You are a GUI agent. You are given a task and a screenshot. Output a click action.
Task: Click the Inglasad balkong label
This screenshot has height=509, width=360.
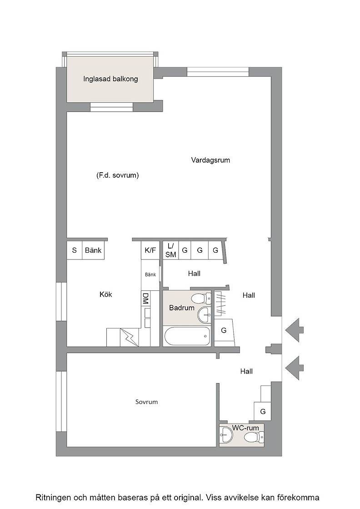110,79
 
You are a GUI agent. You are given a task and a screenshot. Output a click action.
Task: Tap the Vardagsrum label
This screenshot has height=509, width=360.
210,160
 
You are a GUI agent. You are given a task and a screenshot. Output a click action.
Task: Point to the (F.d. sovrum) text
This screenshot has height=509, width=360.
118,175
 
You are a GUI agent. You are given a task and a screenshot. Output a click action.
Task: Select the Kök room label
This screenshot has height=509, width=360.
106,294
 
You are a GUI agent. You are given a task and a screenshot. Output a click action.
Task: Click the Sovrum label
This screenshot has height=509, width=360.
146,402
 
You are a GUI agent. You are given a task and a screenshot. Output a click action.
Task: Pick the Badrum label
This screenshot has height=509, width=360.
182,308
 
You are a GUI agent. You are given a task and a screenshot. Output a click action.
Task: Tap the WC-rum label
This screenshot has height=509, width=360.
245,428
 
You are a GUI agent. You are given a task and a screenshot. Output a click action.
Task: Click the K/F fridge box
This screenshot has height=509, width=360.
150,250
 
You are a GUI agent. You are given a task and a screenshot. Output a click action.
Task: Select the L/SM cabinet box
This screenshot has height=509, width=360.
170,250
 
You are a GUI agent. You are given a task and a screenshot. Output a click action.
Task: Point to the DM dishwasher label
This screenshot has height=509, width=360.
145,298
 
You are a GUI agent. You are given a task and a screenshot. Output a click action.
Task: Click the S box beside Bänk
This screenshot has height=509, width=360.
75,250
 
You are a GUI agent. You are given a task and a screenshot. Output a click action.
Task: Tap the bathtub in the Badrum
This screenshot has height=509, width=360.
187,337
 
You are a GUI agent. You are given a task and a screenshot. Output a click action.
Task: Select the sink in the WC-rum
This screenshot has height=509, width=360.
226,434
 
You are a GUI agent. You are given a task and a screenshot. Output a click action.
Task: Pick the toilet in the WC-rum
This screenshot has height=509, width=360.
253,437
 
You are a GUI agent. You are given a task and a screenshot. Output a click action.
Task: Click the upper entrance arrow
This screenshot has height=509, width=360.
295,330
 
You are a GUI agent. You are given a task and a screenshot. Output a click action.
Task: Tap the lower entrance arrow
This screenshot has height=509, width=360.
295,368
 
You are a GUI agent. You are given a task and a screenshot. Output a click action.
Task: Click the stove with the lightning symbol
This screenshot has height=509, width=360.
130,337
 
